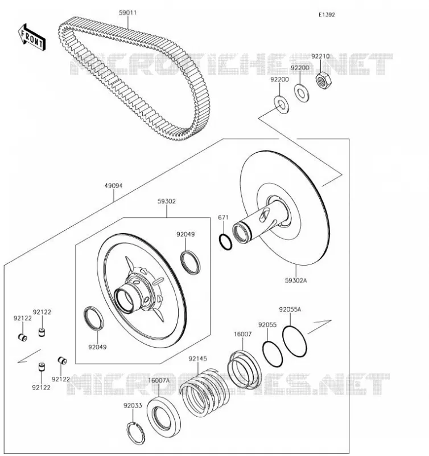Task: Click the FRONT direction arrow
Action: tap(32, 38)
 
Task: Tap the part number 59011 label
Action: tap(127, 13)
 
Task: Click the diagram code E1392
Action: tap(327, 15)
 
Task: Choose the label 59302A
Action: tap(296, 280)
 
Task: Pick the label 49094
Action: tap(113, 186)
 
